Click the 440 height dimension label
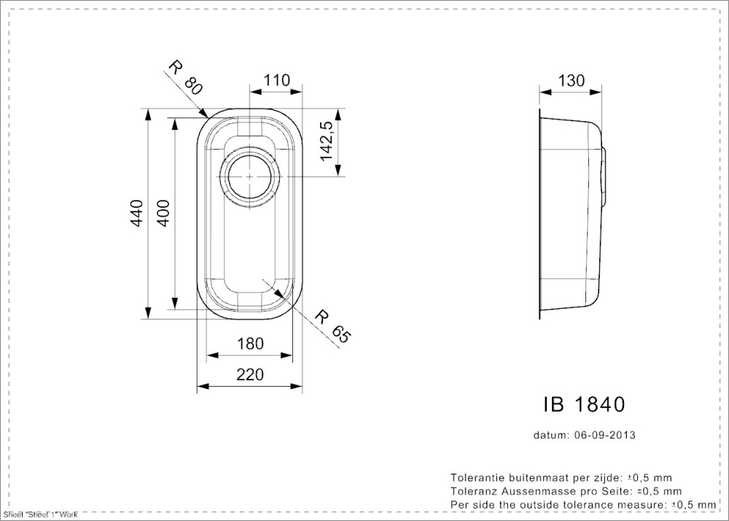click(136, 213)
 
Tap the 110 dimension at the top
click(276, 80)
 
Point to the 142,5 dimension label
click(327, 142)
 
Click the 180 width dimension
click(250, 344)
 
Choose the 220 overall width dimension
click(250, 374)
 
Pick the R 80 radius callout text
click(185, 77)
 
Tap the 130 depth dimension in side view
click(571, 81)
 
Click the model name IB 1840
click(584, 405)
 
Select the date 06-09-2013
click(605, 436)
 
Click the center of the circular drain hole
click(249, 177)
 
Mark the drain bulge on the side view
click(604, 177)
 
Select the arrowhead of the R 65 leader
click(279, 294)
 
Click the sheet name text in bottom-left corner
click(39, 514)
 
